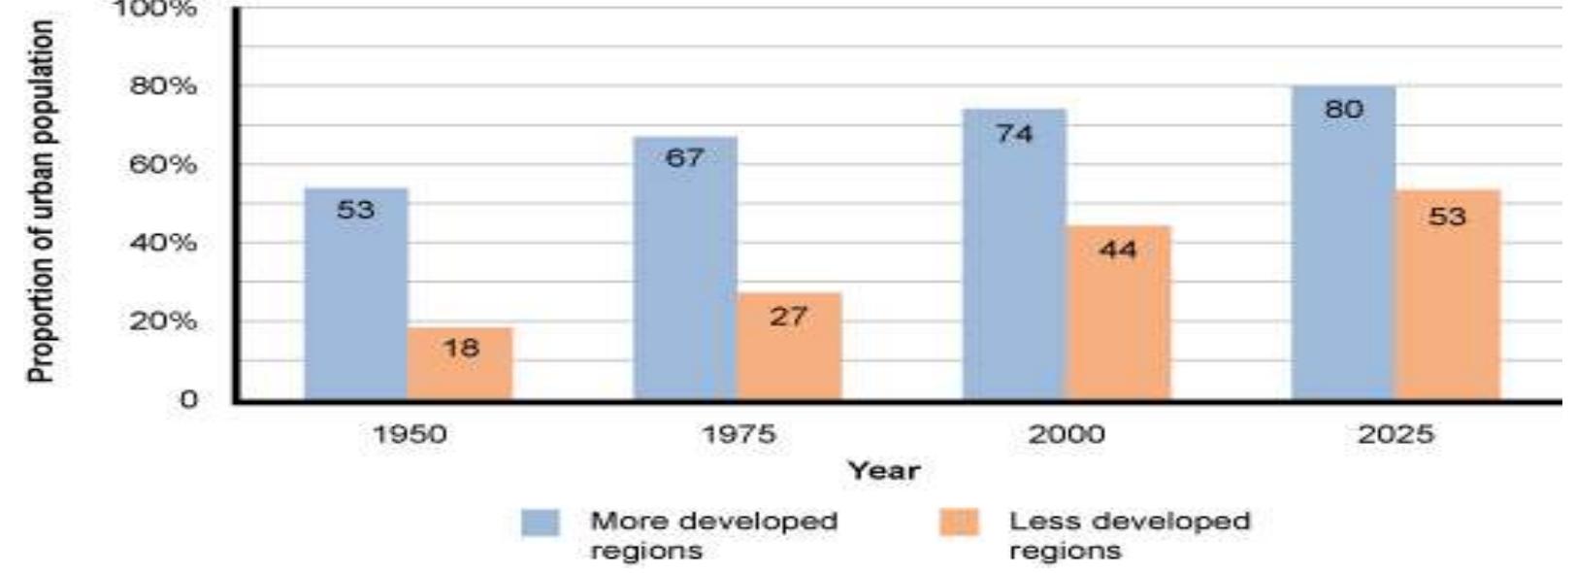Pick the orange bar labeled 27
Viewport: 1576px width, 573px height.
pyautogui.click(x=788, y=350)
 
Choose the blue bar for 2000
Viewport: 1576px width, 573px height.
pyautogui.click(x=1013, y=262)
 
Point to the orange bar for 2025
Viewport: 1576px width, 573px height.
pyautogui.click(x=1447, y=301)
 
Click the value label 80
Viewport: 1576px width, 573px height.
pyautogui.click(x=1343, y=110)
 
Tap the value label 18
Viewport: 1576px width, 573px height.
pyautogui.click(x=460, y=347)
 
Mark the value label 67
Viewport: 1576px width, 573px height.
pyautogui.click(x=684, y=157)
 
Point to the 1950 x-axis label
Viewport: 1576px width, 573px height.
pyautogui.click(x=410, y=434)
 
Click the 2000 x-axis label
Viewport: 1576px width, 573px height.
pyautogui.click(x=1067, y=434)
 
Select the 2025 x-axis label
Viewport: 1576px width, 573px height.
pyautogui.click(x=1395, y=434)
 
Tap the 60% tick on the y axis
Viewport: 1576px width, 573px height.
pyautogui.click(x=163, y=164)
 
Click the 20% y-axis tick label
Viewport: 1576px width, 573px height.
pyautogui.click(x=163, y=320)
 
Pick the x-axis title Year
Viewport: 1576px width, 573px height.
pyautogui.click(x=883, y=471)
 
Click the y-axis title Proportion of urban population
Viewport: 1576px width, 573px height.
pyautogui.click(x=42, y=201)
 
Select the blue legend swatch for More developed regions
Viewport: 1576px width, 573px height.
pyautogui.click(x=540, y=522)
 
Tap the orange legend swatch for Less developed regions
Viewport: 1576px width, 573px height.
pyautogui.click(x=959, y=522)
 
